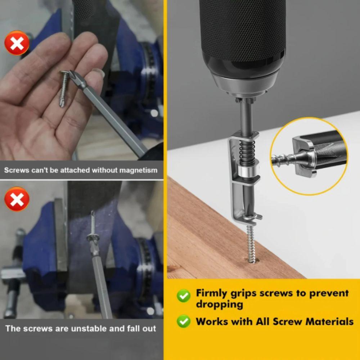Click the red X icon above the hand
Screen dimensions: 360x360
click(17, 43)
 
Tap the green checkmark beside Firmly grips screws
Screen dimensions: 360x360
click(184, 296)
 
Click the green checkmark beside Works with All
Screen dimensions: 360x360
click(184, 321)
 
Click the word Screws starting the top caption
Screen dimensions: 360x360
click(17, 170)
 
